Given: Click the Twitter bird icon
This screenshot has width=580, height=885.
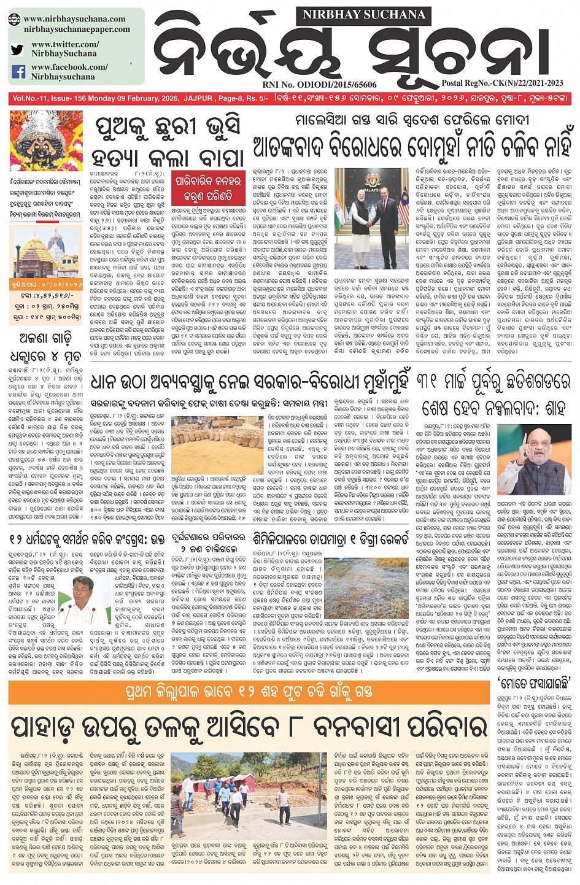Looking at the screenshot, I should point(18,50).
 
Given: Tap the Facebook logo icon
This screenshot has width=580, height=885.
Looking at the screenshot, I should point(18,72).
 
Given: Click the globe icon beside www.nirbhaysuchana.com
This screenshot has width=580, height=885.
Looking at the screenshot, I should point(15,20).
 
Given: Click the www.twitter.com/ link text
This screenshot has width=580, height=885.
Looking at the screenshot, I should point(64,45).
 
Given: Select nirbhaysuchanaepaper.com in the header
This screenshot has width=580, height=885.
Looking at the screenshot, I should point(77,29).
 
